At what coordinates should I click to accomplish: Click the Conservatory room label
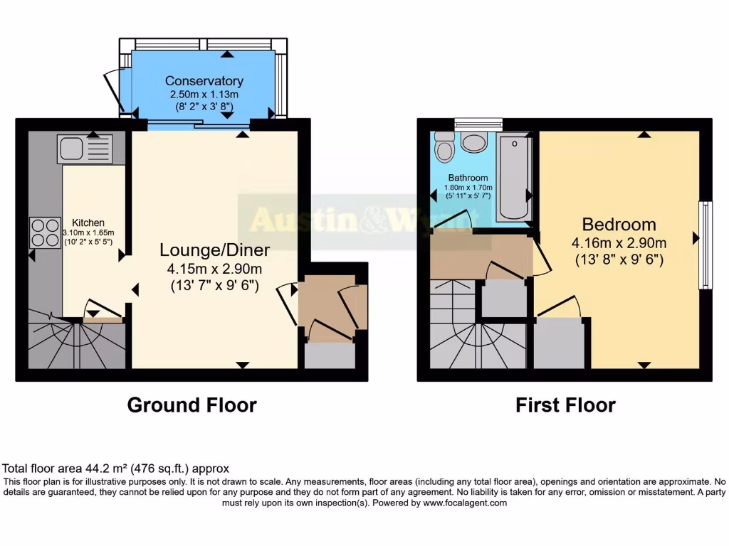click(204, 81)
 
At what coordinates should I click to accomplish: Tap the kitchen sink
click(85, 149)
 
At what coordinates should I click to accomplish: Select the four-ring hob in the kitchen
click(45, 232)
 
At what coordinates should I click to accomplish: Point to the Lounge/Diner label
click(214, 250)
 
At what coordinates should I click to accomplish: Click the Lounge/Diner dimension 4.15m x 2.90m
click(214, 269)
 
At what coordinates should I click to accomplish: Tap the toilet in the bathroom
click(445, 147)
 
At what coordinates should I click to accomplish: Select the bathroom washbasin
click(473, 141)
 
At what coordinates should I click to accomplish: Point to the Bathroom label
click(468, 178)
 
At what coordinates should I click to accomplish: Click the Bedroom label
click(619, 225)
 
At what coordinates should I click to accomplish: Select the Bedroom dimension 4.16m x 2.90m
click(619, 243)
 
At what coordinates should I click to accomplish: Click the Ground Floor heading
click(192, 405)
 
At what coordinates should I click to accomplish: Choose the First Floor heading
click(565, 405)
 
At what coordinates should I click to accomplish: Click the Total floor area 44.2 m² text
click(116, 469)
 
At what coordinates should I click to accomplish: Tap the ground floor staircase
click(71, 344)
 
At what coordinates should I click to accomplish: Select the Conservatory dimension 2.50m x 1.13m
click(204, 94)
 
